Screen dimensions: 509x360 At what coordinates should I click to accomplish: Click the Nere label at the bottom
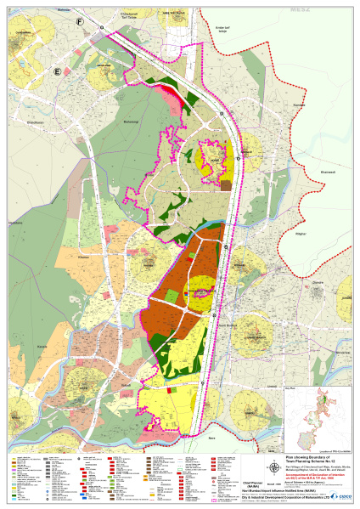(211, 438)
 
